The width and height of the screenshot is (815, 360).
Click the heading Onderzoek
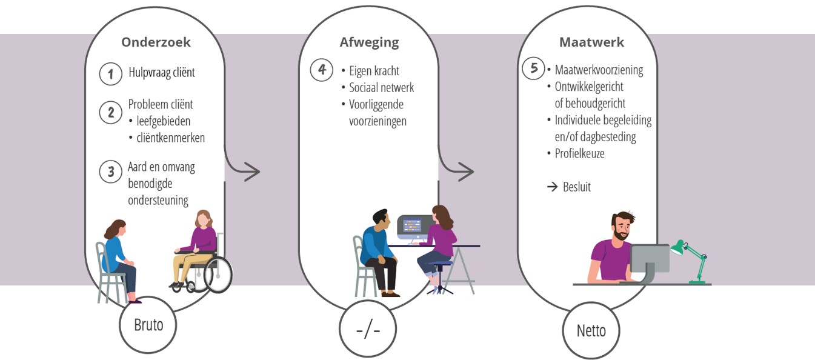pyautogui.click(x=156, y=42)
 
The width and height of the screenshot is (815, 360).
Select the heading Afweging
pyautogui.click(x=369, y=42)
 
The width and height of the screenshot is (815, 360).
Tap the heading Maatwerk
pyautogui.click(x=591, y=42)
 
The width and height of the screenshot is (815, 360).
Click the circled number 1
pyautogui.click(x=111, y=74)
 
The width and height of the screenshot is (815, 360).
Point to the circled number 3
pyautogui.click(x=111, y=172)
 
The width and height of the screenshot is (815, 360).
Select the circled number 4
pyautogui.click(x=322, y=70)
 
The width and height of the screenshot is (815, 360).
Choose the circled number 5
pyautogui.click(x=534, y=68)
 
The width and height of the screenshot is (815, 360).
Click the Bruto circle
pyautogui.click(x=149, y=325)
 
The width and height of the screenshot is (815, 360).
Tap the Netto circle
pyautogui.click(x=591, y=330)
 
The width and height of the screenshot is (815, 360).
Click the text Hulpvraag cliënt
pyautogui.click(x=162, y=73)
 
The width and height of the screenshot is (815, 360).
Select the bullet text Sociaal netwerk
pyautogui.click(x=381, y=88)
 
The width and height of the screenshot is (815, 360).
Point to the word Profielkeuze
pyautogui.click(x=579, y=153)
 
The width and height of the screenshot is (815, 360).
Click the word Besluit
pyautogui.click(x=576, y=187)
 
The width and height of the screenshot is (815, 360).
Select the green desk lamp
pyautogui.click(x=690, y=258)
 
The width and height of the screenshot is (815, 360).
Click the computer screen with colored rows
pyautogui.click(x=414, y=227)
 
